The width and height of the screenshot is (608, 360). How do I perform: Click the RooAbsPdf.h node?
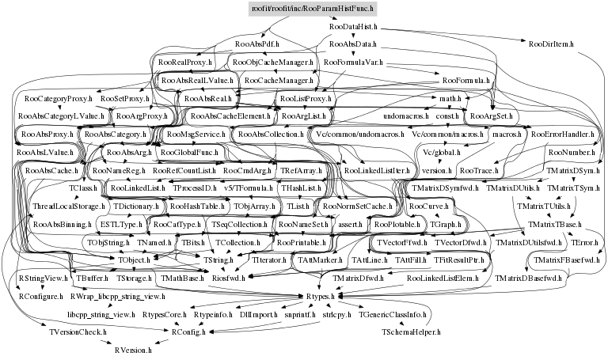(x=253, y=45)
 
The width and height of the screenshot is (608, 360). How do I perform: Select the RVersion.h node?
(x=138, y=349)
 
